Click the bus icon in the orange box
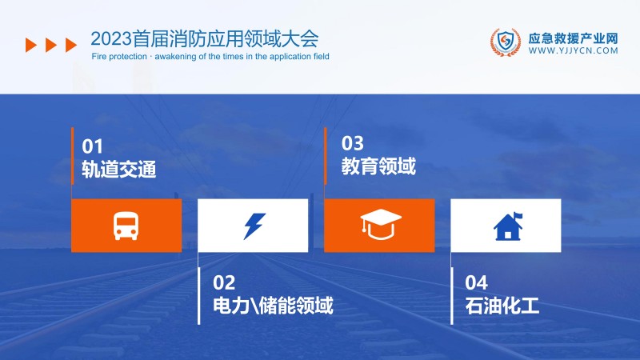(126, 226)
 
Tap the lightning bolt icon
(253, 226)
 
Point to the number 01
(93, 146)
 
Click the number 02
(225, 282)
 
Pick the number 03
(353, 144)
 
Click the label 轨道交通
(118, 170)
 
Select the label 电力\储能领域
(273, 306)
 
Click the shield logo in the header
(504, 42)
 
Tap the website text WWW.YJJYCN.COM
(574, 50)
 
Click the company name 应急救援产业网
(574, 36)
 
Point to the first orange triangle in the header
(31, 45)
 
